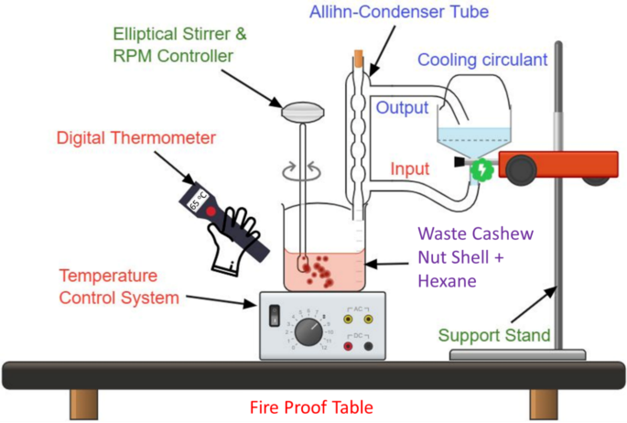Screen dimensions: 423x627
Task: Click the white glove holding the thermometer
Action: click(x=233, y=240)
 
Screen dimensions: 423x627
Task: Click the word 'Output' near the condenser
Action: click(x=403, y=108)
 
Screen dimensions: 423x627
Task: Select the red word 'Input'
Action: click(x=410, y=169)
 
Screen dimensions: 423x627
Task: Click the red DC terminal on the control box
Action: click(x=348, y=345)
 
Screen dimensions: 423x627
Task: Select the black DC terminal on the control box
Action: click(x=368, y=345)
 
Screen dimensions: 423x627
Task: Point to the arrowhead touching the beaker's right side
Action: click(x=370, y=264)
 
